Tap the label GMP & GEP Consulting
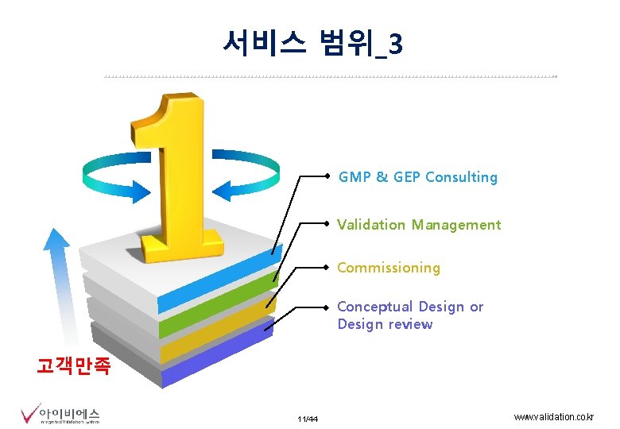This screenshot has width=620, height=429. pyautogui.click(x=417, y=177)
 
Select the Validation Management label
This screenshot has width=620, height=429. pyautogui.click(x=419, y=225)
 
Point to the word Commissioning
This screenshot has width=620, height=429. pyautogui.click(x=388, y=268)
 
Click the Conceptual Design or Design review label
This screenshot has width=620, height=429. pyautogui.click(x=409, y=315)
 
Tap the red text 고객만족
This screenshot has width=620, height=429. pyautogui.click(x=75, y=366)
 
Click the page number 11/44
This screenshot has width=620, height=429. pyautogui.click(x=308, y=419)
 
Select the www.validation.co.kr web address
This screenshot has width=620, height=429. pyautogui.click(x=554, y=417)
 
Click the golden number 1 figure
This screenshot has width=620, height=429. pyautogui.click(x=179, y=175)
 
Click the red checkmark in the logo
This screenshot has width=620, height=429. pyautogui.click(x=29, y=415)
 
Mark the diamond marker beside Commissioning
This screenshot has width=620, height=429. pyautogui.click(x=328, y=268)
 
